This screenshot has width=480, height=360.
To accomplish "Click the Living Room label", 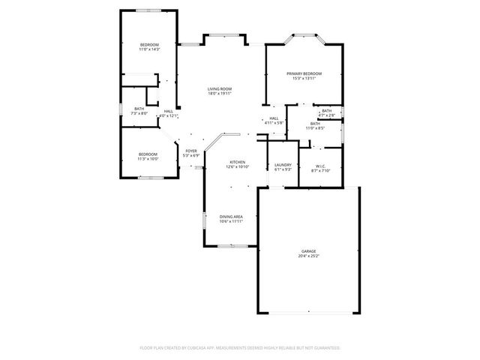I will (x=220, y=89).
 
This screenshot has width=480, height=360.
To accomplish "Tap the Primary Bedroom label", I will (x=304, y=73).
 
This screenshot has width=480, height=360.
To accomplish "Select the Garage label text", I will (x=308, y=251).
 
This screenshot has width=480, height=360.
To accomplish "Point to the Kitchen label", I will (x=238, y=162).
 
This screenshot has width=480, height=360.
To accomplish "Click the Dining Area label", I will (x=231, y=217).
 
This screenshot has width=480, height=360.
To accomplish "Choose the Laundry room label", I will (x=283, y=165).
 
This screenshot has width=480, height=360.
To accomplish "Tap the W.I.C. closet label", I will (x=320, y=166).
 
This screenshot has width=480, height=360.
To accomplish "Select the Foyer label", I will (x=191, y=151).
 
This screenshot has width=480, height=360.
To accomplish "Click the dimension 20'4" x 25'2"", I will (x=308, y=256).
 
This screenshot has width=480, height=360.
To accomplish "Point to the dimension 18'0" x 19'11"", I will (x=220, y=94).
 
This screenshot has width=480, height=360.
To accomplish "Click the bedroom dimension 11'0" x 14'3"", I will (x=150, y=50).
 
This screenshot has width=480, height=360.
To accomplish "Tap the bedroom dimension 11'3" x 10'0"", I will (x=147, y=159).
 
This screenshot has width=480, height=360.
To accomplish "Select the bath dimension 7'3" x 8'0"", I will (x=139, y=114).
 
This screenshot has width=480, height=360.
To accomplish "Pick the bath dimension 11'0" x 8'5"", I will (x=314, y=128).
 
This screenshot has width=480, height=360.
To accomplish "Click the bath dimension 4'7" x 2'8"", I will (x=326, y=115).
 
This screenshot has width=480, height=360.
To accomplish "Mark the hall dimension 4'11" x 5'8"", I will (x=274, y=123).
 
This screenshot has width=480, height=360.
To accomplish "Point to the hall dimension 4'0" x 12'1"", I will (x=169, y=116).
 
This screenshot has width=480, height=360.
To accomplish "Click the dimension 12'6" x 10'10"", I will (x=238, y=167).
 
